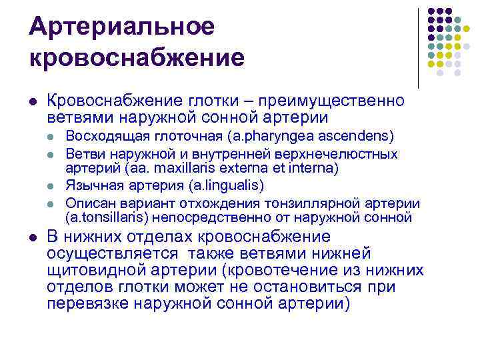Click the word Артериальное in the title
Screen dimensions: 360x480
[x=122, y=27]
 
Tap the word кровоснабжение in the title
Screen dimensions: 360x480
[x=137, y=57]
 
